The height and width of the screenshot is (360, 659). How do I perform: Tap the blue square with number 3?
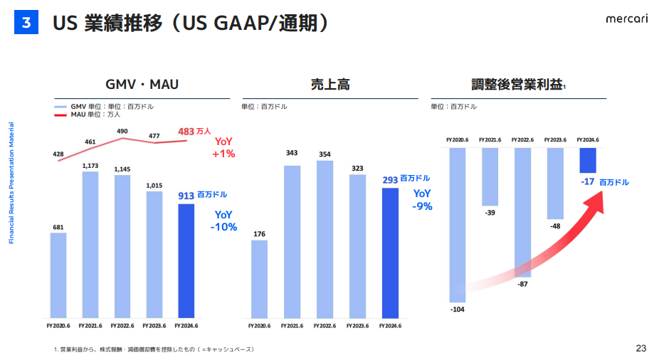(26, 23)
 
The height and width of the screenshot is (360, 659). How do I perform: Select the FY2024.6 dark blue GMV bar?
(186, 260)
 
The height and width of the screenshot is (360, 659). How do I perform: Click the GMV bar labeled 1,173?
(90, 244)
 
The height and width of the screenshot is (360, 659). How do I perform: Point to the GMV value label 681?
(58, 228)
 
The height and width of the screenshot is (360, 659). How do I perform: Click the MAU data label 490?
(122, 131)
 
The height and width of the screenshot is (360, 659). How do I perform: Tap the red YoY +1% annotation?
(223, 147)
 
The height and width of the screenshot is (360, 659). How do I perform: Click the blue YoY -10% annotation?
(223, 221)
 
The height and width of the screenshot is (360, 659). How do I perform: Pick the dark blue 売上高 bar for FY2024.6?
(391, 253)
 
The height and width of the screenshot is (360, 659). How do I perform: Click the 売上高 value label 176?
(260, 234)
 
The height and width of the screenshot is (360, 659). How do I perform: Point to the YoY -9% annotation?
(423, 200)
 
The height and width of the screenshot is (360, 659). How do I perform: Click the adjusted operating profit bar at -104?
(457, 224)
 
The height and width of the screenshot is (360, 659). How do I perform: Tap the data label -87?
(522, 284)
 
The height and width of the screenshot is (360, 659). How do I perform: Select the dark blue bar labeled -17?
(588, 160)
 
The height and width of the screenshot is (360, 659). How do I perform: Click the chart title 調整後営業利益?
(517, 85)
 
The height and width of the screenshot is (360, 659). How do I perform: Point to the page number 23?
(641, 348)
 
